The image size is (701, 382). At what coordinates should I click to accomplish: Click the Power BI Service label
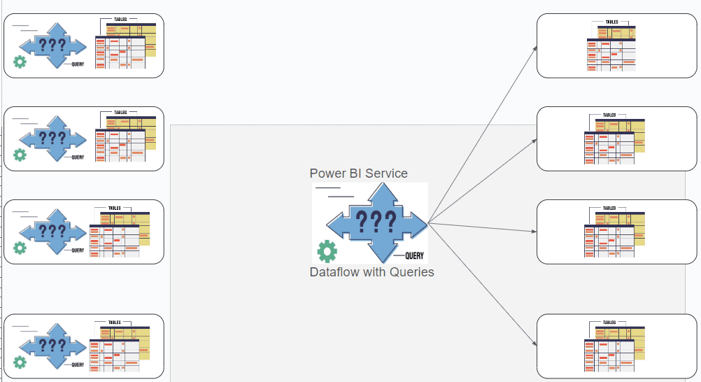point(358,174)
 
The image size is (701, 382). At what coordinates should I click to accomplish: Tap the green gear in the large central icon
point(327,250)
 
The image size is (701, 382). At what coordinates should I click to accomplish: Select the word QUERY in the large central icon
point(414,255)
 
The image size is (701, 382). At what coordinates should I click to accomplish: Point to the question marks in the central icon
point(376,222)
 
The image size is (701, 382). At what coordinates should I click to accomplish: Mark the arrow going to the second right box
point(483,181)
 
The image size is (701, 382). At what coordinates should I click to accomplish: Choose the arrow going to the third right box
point(483,228)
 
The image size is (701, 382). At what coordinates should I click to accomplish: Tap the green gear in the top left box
point(20,62)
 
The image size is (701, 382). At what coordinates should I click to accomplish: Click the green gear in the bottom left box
point(20,362)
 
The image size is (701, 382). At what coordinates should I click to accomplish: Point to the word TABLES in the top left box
point(120,19)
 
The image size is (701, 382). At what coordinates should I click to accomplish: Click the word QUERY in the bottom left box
point(78,365)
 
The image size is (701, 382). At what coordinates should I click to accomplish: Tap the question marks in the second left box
point(52,138)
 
